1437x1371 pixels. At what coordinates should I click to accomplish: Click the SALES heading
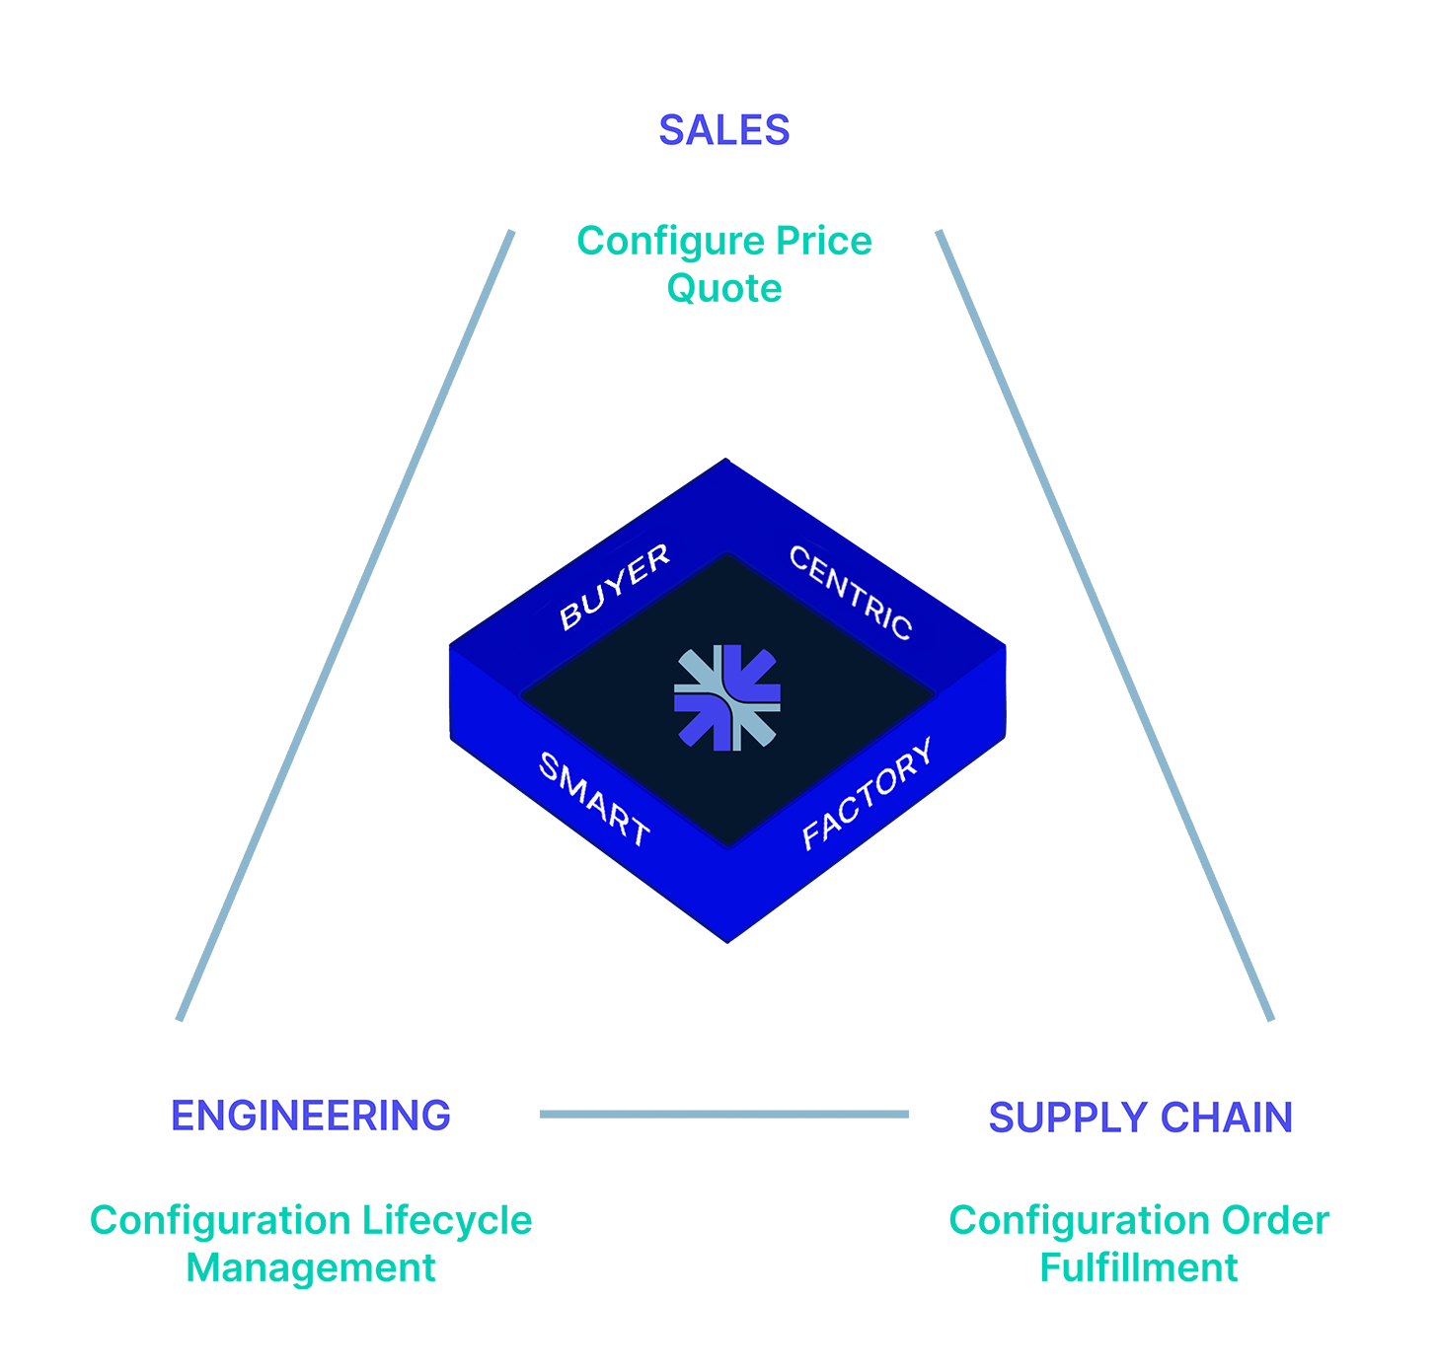[724, 130]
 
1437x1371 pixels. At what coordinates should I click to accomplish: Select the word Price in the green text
[824, 241]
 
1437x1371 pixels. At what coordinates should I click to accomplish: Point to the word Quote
[724, 288]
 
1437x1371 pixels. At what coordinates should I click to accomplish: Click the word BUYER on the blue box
[614, 587]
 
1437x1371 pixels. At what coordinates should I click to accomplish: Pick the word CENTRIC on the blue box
[851, 592]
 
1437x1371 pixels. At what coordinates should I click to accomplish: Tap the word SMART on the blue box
[594, 799]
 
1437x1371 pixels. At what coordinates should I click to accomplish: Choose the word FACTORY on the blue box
[867, 793]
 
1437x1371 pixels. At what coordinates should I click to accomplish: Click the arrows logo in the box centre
[727, 697]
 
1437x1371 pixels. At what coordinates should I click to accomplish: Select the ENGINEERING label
[311, 1116]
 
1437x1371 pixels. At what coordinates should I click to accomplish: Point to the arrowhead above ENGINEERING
[182, 1023]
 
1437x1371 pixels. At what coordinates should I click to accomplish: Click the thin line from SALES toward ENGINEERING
[345, 621]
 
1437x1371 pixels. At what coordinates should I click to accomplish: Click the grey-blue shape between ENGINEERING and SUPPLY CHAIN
[725, 1124]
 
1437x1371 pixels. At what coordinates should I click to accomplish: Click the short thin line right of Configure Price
[972, 316]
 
